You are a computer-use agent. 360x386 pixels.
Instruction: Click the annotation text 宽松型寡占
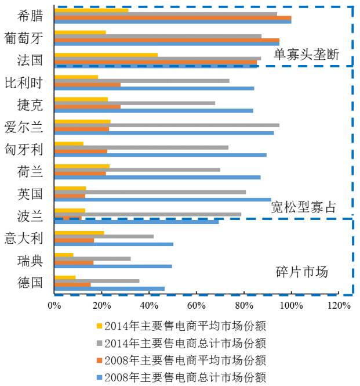(303, 207)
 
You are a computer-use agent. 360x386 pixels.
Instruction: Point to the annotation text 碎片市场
(301, 271)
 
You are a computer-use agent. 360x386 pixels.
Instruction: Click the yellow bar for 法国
(106, 55)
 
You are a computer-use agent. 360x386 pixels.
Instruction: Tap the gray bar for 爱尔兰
(166, 125)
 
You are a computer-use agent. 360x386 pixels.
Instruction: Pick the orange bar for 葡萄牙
(166, 41)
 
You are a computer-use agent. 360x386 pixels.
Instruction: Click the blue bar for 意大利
(114, 244)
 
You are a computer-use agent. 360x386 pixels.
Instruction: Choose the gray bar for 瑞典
(92, 258)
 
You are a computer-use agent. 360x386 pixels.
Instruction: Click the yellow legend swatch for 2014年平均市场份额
(99, 326)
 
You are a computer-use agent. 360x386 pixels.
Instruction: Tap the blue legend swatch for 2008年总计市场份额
(99, 377)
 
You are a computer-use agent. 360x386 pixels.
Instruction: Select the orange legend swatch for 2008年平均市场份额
(99, 360)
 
